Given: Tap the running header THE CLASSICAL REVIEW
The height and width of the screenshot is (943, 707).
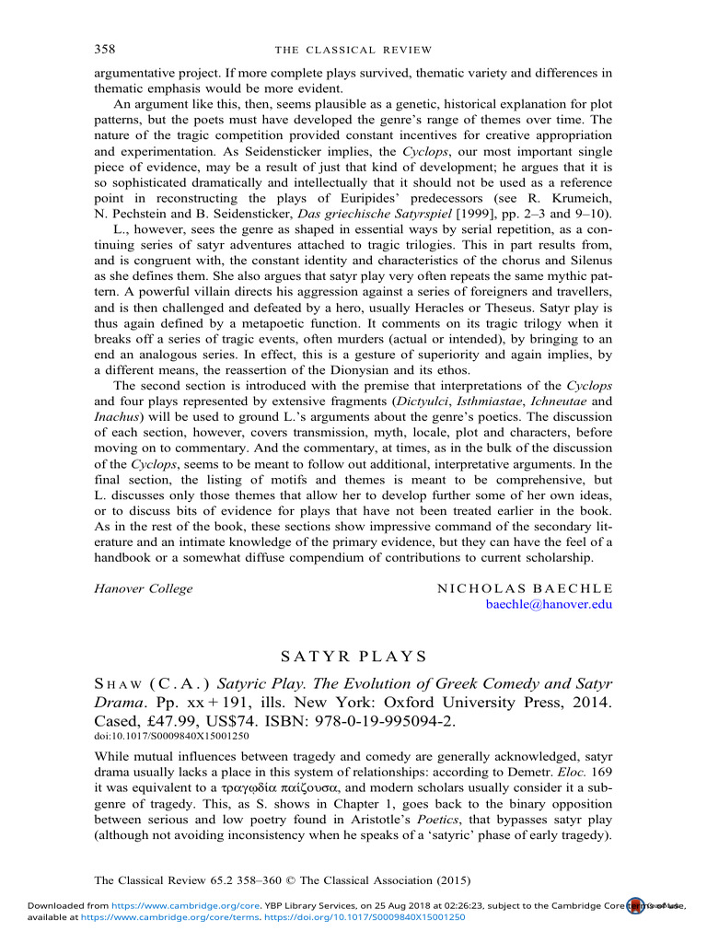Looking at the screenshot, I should [x=354, y=49].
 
